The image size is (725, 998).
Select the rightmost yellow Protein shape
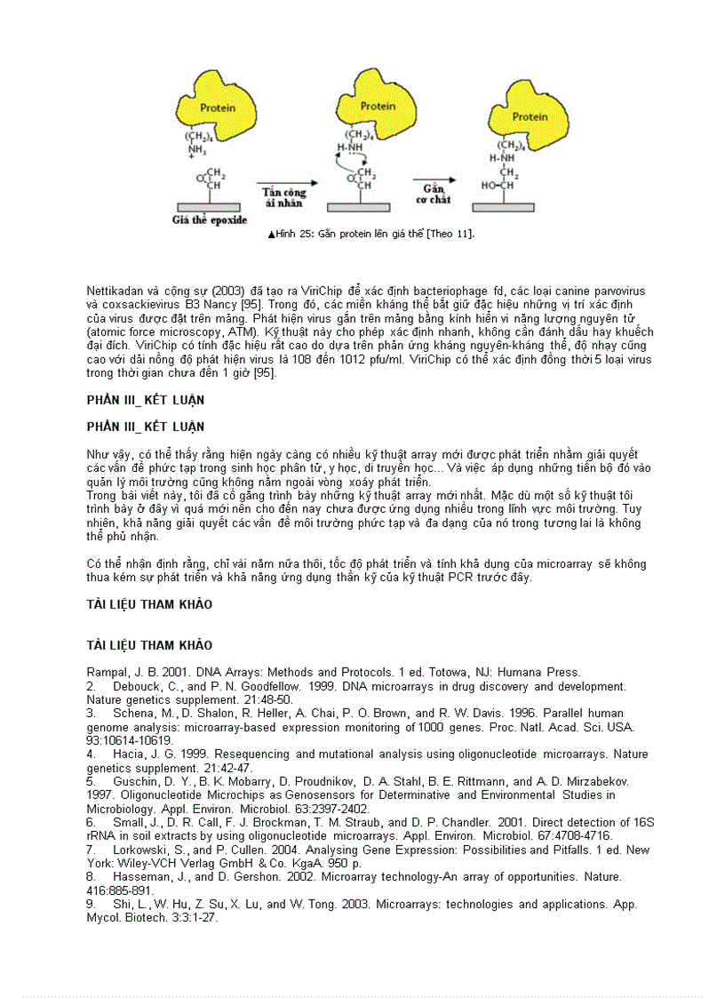(530, 116)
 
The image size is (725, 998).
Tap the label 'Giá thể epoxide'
(210, 220)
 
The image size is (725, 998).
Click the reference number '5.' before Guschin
(92, 782)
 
